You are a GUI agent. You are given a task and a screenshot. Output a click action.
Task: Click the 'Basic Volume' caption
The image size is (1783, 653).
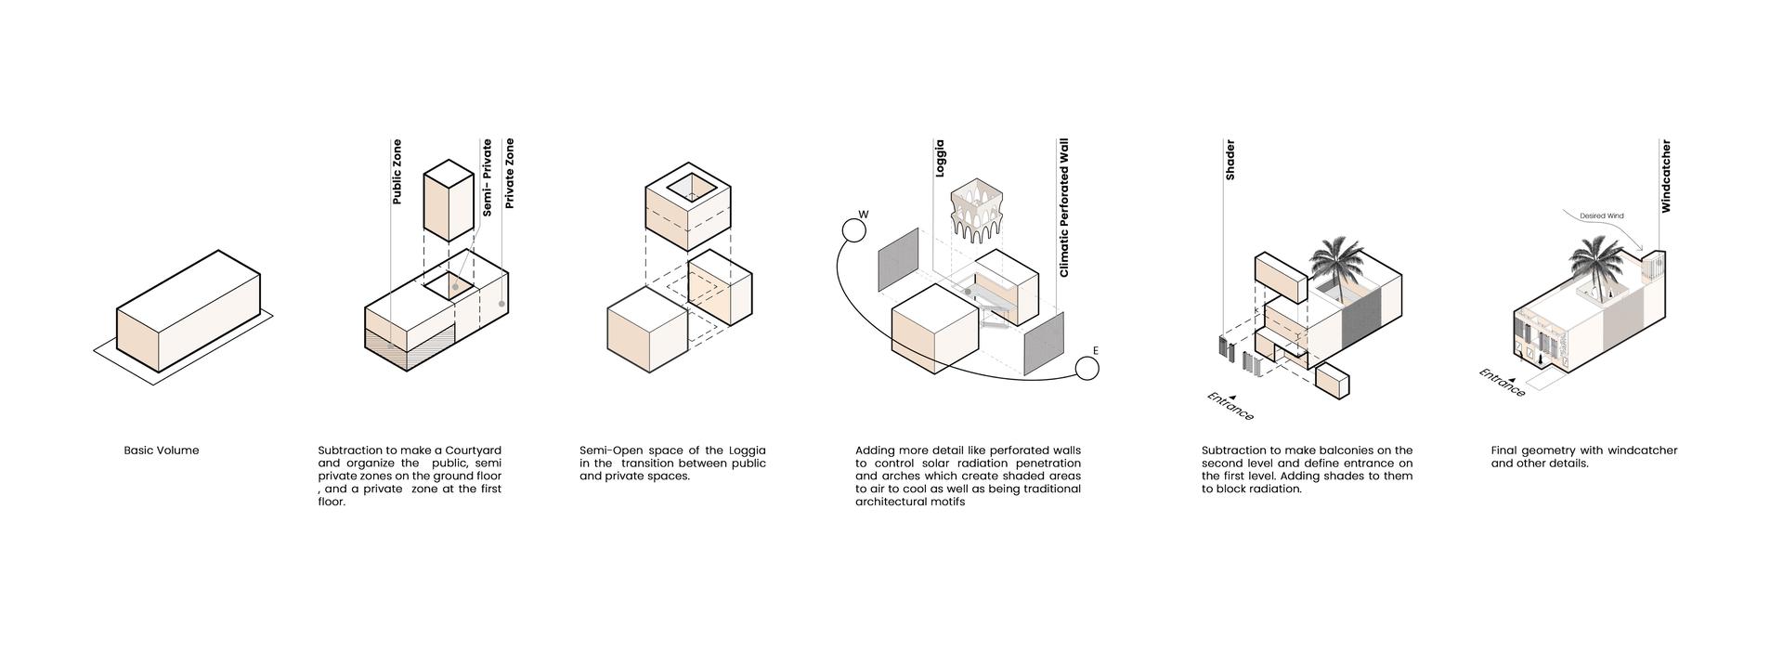(x=162, y=451)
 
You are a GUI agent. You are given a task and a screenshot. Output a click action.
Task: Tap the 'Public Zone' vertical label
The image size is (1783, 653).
(x=397, y=172)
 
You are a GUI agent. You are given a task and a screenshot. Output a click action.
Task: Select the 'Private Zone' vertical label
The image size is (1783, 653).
(x=508, y=173)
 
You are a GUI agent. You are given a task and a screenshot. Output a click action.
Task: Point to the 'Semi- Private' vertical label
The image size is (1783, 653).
(x=487, y=178)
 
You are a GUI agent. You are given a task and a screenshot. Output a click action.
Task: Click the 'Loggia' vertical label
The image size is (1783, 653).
(x=940, y=158)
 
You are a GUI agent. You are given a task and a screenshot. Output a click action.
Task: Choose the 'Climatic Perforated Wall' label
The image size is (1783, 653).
(x=1064, y=208)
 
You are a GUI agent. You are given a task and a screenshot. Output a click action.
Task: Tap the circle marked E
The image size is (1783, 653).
(x=1087, y=369)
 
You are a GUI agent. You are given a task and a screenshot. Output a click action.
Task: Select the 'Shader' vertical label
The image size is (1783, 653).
(x=1230, y=160)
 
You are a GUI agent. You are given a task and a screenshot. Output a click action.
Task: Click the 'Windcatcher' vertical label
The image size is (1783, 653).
(x=1666, y=176)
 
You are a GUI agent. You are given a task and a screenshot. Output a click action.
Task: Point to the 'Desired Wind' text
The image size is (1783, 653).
(x=1602, y=216)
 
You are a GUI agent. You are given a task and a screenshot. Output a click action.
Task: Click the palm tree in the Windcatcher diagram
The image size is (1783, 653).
(x=1598, y=265)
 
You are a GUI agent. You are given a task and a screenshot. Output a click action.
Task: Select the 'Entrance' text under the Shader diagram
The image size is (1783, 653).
(x=1230, y=406)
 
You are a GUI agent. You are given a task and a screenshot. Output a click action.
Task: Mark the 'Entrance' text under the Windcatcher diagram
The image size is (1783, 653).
(x=1503, y=383)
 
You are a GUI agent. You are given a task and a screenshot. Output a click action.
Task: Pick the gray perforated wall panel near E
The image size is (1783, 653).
(x=1044, y=344)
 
